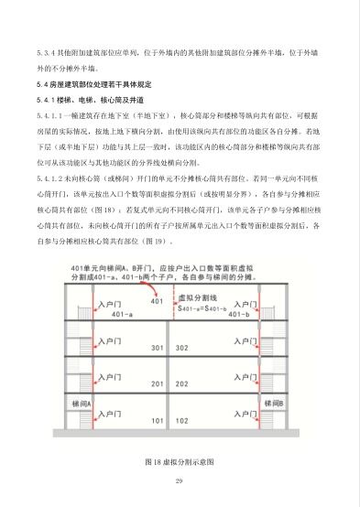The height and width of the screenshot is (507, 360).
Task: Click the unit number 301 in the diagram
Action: point(157,348)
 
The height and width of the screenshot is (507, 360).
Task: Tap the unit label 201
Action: point(157,384)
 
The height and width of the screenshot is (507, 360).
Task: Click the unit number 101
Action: point(157,421)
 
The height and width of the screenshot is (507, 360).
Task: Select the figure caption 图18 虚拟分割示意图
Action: point(180,461)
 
